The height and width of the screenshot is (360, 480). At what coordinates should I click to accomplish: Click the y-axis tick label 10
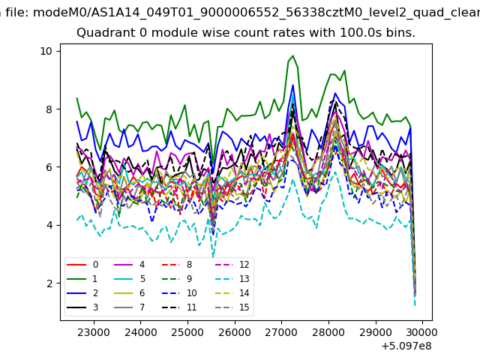click(x=46, y=51)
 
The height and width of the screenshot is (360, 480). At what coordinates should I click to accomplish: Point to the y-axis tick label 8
click(x=49, y=109)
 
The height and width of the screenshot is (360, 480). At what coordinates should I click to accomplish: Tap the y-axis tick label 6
click(x=49, y=167)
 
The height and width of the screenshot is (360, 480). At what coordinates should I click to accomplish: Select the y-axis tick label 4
click(x=49, y=225)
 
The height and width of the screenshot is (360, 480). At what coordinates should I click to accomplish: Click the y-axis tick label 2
click(x=49, y=283)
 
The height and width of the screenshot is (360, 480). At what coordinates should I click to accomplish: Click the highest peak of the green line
click(x=292, y=55)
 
